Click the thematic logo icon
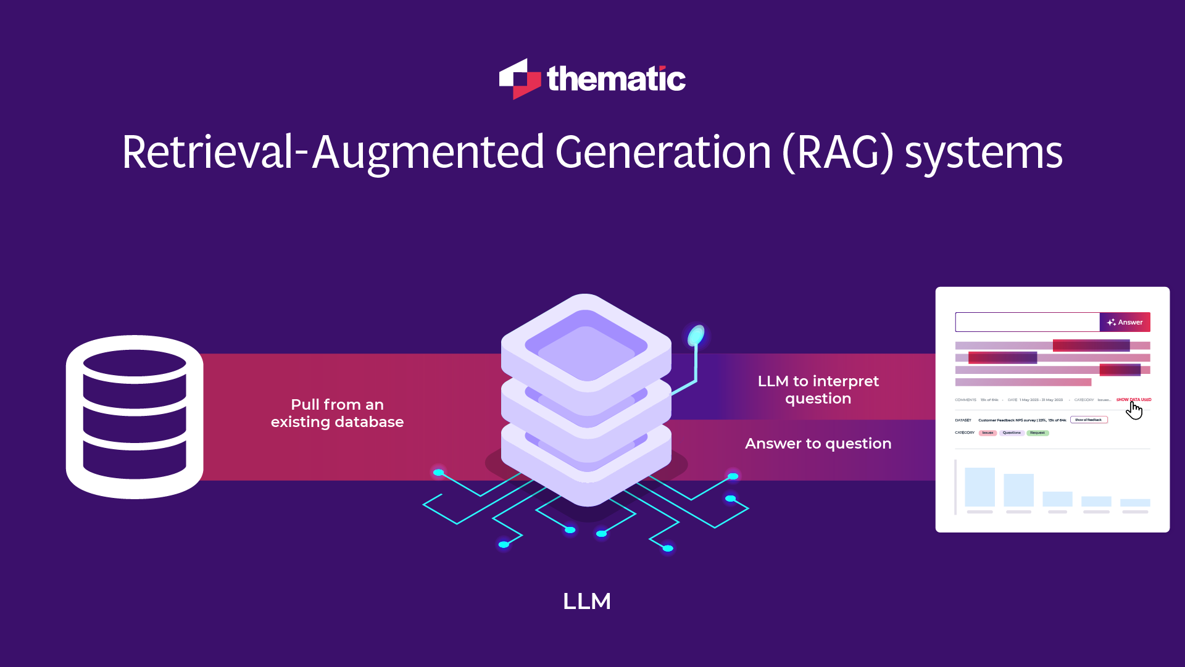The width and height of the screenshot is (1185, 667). pos(520,79)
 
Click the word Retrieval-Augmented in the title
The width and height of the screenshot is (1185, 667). pos(333,152)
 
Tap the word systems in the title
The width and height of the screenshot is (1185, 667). pos(983,152)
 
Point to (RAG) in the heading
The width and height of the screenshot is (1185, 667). pos(838,152)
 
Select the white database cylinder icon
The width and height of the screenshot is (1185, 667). pos(135,416)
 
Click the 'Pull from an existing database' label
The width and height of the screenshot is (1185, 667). pos(337,413)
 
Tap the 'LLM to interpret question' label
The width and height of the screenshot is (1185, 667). pos(818,390)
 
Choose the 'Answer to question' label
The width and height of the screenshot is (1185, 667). pos(818,444)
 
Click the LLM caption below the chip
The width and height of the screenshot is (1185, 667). pos(586,601)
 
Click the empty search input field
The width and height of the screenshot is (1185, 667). pos(1027,322)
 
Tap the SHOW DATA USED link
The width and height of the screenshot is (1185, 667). pos(1133,400)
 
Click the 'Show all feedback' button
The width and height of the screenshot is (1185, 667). pos(1089,420)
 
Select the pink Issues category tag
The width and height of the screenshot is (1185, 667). pos(987,433)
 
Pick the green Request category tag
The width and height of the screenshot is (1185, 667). pos(1037,433)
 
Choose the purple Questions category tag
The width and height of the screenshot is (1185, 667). pos(1012,433)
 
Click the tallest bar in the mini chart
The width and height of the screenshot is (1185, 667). pos(979,487)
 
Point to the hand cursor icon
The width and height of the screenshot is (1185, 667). pos(1134,410)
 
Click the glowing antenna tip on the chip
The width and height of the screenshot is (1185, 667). pos(696,335)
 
